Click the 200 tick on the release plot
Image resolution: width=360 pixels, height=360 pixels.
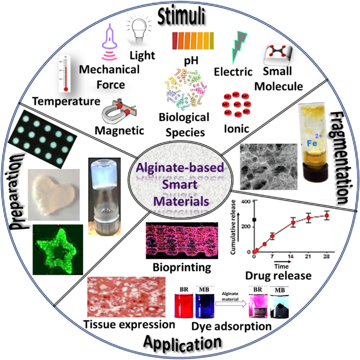coord(245,227)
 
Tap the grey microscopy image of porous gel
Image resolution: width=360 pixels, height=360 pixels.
coord(265,167)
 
